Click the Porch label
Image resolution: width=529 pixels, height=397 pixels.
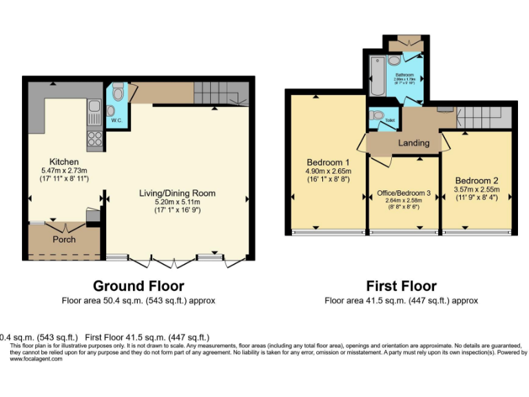(65, 240)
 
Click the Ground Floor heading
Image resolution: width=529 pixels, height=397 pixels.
(138, 286)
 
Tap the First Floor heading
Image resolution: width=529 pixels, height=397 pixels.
(401, 286)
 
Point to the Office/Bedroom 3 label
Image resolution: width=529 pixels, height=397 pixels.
(404, 193)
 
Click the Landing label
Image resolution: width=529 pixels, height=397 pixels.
(413, 143)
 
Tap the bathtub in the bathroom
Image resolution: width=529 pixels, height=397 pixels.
(377, 77)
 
